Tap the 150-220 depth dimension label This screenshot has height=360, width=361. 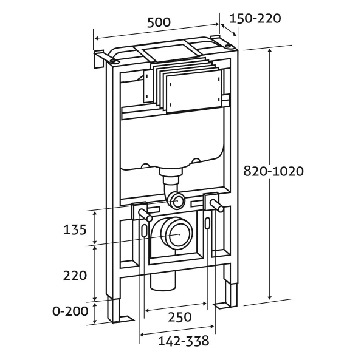point(255,18)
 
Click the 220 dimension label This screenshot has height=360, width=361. point(75,274)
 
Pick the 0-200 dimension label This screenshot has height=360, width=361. point(70,311)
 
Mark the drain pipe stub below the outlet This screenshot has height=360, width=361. point(162,281)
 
